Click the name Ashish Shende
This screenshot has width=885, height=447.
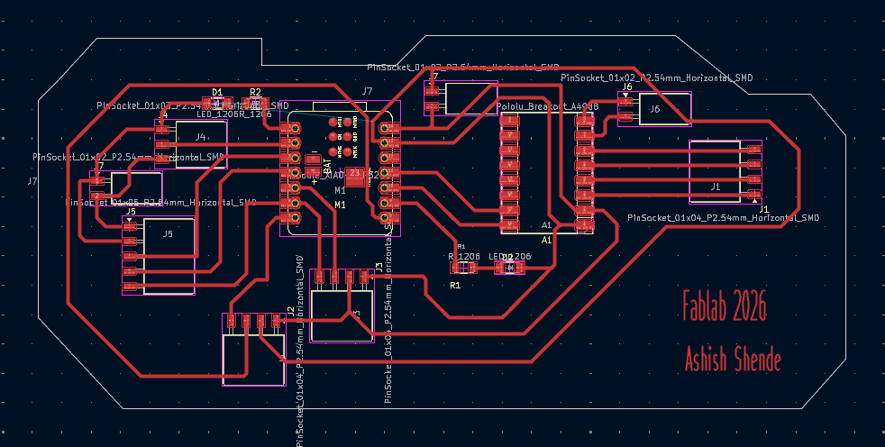732,358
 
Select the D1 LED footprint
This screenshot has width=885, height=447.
216,105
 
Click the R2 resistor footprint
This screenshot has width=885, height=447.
255,105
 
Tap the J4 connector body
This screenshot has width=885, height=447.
200,137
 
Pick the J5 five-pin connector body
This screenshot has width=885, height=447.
168,255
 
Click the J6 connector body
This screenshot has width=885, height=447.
655,109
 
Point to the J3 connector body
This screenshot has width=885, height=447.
342,315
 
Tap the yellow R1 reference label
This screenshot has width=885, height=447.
455,285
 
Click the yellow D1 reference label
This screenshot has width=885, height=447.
216,92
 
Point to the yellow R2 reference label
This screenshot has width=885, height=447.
255,92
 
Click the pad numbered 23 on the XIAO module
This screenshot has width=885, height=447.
354,173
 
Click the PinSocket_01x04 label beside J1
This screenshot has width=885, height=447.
723,217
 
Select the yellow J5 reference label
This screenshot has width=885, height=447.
131,212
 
